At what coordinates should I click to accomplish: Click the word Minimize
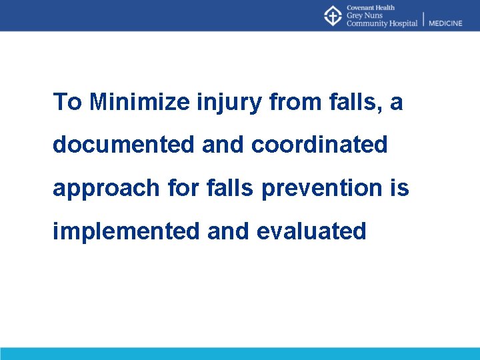pyautogui.click(x=140, y=102)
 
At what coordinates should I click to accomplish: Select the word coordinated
pyautogui.click(x=319, y=145)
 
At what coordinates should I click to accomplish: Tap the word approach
pyautogui.click(x=106, y=189)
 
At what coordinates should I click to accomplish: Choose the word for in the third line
pyautogui.click(x=181, y=188)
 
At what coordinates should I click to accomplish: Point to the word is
pyautogui.click(x=401, y=188)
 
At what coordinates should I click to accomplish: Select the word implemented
pyautogui.click(x=126, y=231)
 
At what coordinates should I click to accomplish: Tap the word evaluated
pyautogui.click(x=311, y=231)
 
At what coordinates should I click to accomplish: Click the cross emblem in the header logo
pyautogui.click(x=333, y=16)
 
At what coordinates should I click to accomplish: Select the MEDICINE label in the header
pyautogui.click(x=445, y=23)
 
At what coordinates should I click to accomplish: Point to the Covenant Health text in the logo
pyautogui.click(x=371, y=8)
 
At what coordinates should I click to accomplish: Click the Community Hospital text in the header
pyautogui.click(x=381, y=23)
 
